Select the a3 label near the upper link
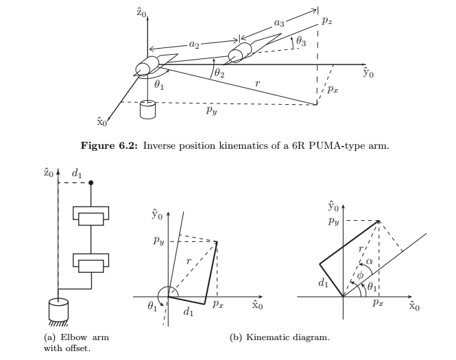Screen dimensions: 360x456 (x=279, y=23)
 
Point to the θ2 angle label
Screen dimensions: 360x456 (x=219, y=71)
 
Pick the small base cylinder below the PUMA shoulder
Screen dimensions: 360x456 (x=147, y=109)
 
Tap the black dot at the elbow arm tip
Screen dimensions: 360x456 (x=91, y=183)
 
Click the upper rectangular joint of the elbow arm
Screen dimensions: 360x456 (x=91, y=218)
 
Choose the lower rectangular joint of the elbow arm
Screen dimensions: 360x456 (x=91, y=263)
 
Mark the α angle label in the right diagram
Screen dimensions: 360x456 (x=369, y=261)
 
